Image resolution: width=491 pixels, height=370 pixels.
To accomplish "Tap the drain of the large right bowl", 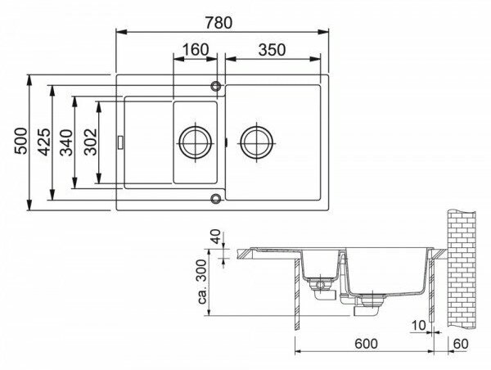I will coord(255,141).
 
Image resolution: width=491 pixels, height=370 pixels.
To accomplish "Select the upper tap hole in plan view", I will coord(217,84).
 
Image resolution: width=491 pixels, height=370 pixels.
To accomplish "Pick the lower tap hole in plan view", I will coord(217,197).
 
